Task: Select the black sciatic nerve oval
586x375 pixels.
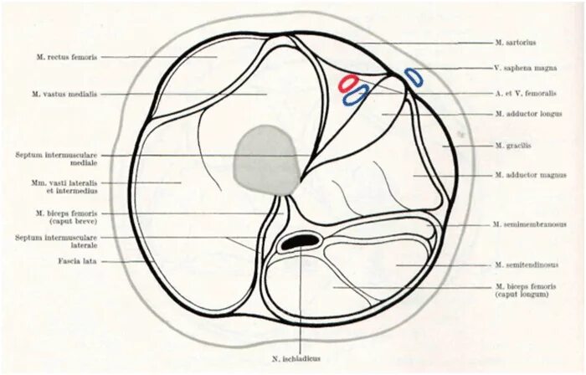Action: click(299, 241)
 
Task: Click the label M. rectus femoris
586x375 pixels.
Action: click(67, 57)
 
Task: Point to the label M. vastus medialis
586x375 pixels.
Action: click(65, 95)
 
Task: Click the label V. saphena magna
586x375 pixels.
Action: click(524, 68)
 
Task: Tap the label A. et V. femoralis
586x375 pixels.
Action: click(526, 93)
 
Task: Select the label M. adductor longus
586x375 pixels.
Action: click(528, 113)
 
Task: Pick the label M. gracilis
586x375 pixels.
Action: click(513, 145)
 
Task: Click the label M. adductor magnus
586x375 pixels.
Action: click(530, 175)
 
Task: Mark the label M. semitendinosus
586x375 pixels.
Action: click(527, 265)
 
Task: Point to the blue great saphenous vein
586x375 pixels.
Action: click(414, 77)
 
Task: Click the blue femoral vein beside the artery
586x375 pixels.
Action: click(357, 94)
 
